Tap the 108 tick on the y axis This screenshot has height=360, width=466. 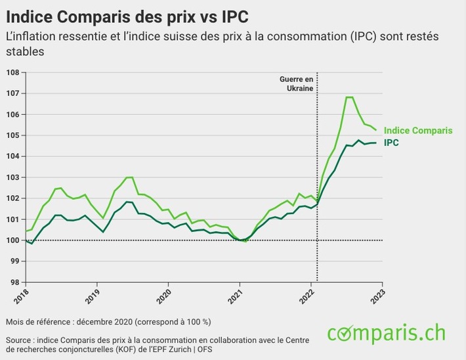13,72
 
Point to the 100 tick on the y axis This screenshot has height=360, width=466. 13,240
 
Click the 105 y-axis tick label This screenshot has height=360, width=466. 13,135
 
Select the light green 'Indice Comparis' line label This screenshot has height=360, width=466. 417,130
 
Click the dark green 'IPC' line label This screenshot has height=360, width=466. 391,142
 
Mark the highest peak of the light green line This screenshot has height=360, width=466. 349,97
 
